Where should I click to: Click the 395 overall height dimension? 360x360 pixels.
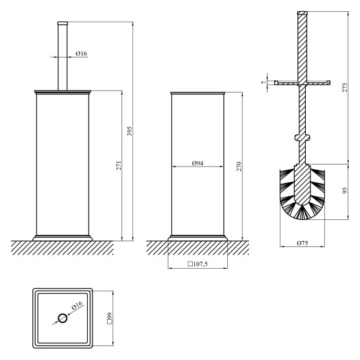click(130, 131)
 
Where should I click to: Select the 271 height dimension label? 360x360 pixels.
click(119, 166)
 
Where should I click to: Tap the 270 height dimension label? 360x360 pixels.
click(239, 166)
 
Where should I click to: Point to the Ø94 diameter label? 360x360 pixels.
click(198, 163)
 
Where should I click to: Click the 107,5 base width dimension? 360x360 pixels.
click(198, 264)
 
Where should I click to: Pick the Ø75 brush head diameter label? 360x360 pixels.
click(303, 243)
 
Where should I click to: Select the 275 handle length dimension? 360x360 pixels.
click(345, 87)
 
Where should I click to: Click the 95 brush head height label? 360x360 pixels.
click(345, 190)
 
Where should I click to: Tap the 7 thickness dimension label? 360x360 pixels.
click(264, 82)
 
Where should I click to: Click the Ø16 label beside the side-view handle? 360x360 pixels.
click(81, 54)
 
